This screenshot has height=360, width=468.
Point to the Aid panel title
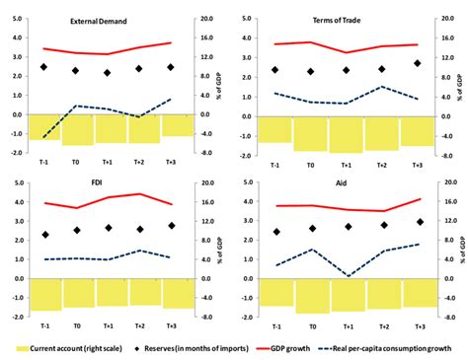(x=345, y=184)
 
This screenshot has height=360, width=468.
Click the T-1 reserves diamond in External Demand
(x=43, y=67)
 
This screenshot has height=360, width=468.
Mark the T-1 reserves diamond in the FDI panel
(x=45, y=235)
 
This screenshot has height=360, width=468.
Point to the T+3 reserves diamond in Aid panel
(x=419, y=222)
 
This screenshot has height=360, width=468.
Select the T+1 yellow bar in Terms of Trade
(x=346, y=133)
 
